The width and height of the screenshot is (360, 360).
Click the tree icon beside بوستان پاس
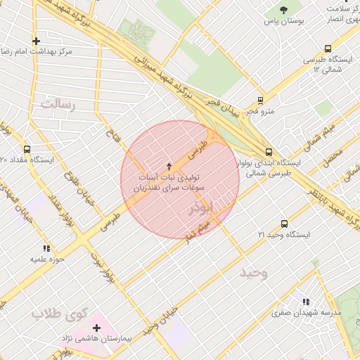284,10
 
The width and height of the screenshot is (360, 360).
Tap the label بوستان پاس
284,22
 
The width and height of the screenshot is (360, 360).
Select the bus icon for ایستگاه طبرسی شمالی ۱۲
328,49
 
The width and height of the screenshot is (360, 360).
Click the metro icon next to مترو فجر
261,101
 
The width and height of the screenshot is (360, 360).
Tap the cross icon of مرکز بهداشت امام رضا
36,41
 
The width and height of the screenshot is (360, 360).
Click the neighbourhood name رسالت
57,103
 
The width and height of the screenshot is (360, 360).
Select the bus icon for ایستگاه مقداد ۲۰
27,149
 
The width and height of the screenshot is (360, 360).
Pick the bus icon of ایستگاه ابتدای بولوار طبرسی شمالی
269,151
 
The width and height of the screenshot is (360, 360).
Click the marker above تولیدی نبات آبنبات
168,167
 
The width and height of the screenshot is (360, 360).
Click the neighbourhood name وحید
254,272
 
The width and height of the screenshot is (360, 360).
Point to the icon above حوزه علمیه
46,248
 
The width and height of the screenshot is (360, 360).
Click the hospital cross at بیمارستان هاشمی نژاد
96,328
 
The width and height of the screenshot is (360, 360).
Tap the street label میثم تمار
195,227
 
